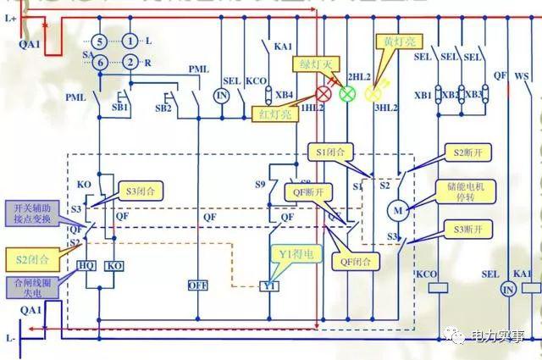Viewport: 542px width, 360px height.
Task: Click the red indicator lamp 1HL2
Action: coord(324,93)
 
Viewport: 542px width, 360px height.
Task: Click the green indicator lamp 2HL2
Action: coord(347,93)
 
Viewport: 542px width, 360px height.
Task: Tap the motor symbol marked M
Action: coord(396,208)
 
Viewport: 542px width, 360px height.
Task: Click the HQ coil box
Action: coord(86,266)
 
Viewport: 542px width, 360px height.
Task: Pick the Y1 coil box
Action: coord(269,286)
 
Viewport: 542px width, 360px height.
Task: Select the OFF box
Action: coord(197,285)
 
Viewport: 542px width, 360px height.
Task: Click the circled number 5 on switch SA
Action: coord(99,41)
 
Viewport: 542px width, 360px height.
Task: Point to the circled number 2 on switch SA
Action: coord(130,62)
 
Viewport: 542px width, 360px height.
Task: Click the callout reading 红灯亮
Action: coord(274,114)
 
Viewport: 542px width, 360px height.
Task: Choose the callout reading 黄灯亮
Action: coord(396,41)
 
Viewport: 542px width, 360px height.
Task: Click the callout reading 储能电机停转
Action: coord(465,191)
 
